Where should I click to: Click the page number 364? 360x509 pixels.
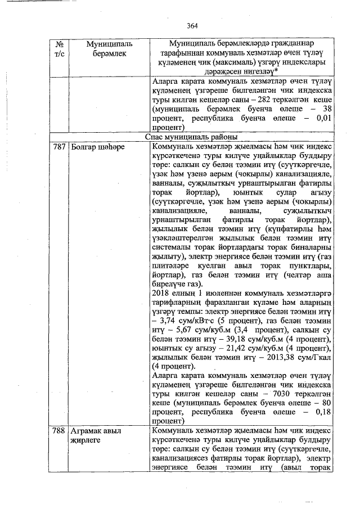coord(193,25)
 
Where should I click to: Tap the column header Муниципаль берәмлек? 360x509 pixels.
coord(106,48)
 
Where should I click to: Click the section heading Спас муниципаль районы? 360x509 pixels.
coord(193,137)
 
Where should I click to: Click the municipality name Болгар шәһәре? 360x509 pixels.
coord(97,147)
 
